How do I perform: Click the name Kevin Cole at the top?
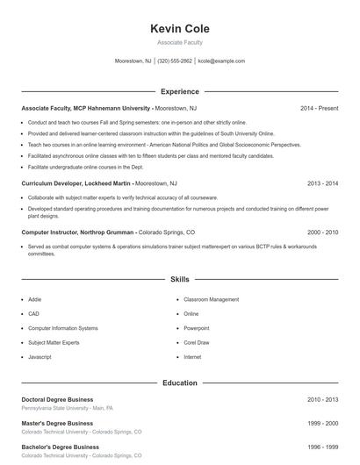[x=180, y=29]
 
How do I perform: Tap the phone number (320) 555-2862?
[x=175, y=61]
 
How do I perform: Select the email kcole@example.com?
[x=221, y=61]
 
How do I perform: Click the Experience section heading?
[x=180, y=91]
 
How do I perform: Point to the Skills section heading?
[x=180, y=279]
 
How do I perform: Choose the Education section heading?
[x=180, y=383]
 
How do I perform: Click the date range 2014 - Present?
[x=319, y=108]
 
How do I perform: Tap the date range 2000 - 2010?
[x=322, y=232]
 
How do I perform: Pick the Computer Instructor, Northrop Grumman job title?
[x=78, y=232]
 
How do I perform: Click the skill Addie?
[x=35, y=299]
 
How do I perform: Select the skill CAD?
[x=33, y=313]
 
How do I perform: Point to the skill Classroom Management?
[x=211, y=299]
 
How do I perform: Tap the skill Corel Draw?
[x=197, y=342]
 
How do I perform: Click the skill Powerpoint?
[x=198, y=328]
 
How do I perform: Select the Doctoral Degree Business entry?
[x=57, y=399]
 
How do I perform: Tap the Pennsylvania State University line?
[x=67, y=408]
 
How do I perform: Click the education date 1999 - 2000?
[x=322, y=423]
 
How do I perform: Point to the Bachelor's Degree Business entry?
[x=60, y=447]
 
